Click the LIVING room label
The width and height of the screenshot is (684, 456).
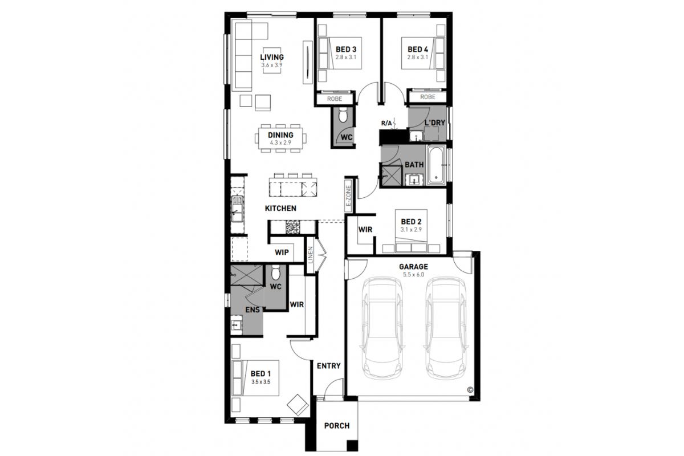click(x=272, y=57)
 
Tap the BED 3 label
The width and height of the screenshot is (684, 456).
click(x=346, y=49)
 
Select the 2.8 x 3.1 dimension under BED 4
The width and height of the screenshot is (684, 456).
click(x=418, y=57)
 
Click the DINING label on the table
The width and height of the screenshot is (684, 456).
click(x=280, y=135)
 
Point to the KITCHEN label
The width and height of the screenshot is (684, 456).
click(x=280, y=208)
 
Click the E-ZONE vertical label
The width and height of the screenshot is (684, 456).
click(x=349, y=196)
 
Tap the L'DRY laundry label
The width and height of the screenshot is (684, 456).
click(x=435, y=123)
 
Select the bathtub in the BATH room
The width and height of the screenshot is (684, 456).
click(x=437, y=165)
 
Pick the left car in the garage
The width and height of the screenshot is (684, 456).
click(x=382, y=328)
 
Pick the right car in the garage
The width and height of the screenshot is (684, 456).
click(x=446, y=328)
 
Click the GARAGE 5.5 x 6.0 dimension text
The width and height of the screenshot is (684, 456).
click(x=413, y=275)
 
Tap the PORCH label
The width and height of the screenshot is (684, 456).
click(x=337, y=425)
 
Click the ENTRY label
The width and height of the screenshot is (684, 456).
click(x=328, y=365)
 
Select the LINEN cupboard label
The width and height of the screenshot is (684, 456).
click(x=311, y=255)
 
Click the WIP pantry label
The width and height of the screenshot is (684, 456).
click(x=282, y=253)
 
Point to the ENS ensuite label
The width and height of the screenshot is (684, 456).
click(x=253, y=310)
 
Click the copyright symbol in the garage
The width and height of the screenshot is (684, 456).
click(x=470, y=389)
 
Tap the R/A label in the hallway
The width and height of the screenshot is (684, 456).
click(x=386, y=123)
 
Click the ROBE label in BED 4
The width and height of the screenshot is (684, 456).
click(x=427, y=97)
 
